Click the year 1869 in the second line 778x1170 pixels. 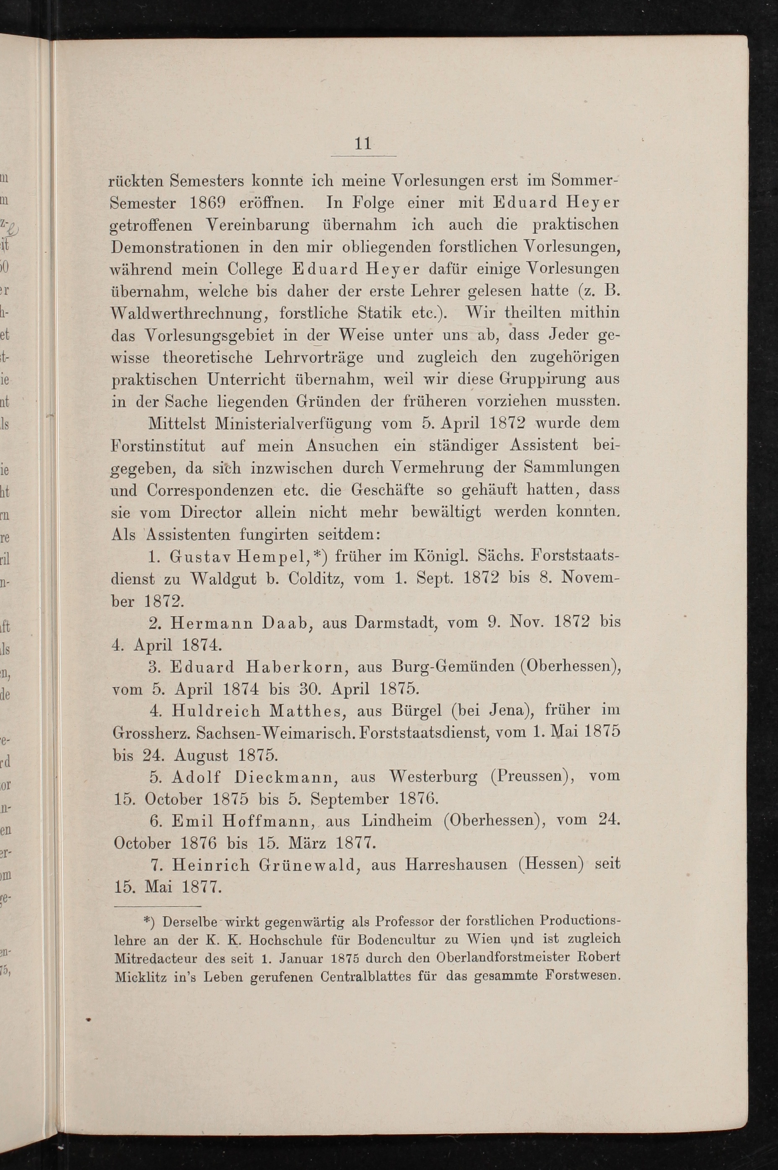208,203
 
